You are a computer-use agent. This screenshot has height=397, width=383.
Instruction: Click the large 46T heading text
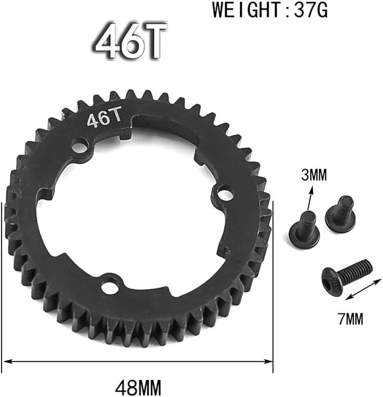click(130, 40)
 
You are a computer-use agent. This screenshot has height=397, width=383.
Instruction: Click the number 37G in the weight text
click(311, 10)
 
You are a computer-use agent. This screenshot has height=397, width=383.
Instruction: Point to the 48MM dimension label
click(138, 387)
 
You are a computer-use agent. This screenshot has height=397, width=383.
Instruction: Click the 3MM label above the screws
click(314, 175)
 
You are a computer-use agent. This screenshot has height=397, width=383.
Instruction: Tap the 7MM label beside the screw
click(351, 319)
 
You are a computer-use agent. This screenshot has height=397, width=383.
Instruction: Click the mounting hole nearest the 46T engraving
click(80, 147)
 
